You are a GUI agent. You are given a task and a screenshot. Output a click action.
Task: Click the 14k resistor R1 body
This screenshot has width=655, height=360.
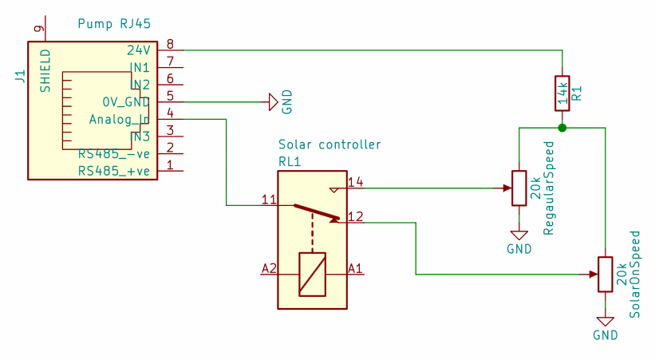[562, 93]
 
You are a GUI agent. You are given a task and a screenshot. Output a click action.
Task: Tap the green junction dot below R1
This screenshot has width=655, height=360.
[562, 128]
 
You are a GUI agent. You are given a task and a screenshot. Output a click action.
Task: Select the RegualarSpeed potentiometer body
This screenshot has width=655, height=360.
[519, 188]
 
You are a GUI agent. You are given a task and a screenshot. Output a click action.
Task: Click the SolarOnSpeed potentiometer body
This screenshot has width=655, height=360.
[606, 275]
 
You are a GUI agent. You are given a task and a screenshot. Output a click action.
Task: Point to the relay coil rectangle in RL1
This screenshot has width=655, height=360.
[312, 274]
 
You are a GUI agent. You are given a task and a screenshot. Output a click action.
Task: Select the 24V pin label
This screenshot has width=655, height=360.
[138, 49]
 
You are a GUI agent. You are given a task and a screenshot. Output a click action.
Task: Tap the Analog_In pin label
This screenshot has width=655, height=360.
[119, 120]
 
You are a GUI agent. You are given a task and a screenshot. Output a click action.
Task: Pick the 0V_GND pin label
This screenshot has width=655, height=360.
[125, 102]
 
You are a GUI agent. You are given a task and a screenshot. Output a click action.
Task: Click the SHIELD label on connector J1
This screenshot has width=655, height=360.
[45, 71]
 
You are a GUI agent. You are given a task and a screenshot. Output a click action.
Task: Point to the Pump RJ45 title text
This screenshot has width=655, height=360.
[115, 24]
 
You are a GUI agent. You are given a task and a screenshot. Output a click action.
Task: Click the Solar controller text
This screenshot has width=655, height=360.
[329, 144]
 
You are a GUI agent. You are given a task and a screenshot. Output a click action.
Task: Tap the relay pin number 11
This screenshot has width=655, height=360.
[269, 199]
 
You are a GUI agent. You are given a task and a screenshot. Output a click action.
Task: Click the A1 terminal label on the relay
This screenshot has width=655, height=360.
[356, 268]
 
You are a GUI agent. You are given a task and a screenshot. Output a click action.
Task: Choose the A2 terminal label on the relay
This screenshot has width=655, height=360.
[269, 268]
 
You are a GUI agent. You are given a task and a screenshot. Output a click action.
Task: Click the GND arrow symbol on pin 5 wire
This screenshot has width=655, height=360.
[272, 102]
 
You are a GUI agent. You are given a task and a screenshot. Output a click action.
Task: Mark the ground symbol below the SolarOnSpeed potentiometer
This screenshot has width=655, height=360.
[606, 321]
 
